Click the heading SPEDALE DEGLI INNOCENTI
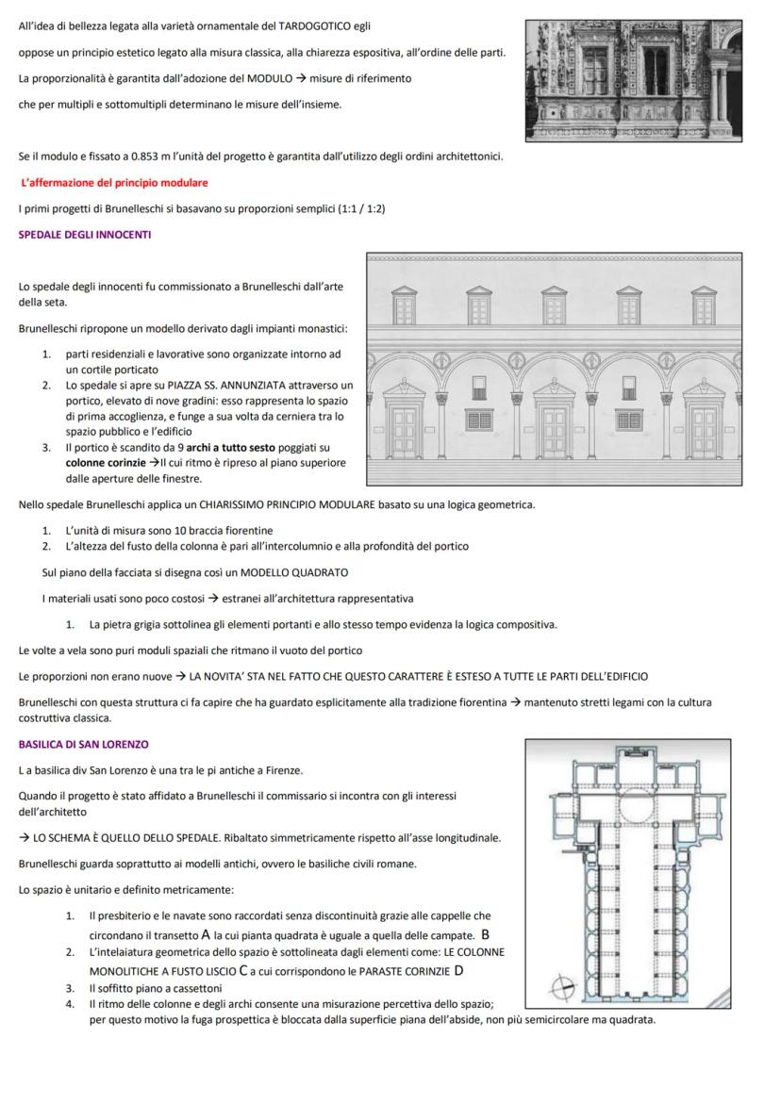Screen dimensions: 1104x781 click(x=84, y=234)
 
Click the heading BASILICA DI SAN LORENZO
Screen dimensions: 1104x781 click(x=83, y=745)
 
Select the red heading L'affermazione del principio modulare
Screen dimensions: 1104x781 click(x=114, y=182)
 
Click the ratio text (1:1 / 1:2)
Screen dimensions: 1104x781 click(x=354, y=208)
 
